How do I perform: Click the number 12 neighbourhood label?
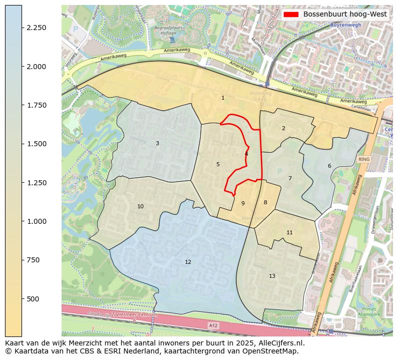(188, 262)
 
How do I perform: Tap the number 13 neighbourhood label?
(272, 276)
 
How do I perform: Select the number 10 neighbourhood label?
(140, 207)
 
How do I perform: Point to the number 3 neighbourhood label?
(157, 144)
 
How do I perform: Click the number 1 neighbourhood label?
(223, 98)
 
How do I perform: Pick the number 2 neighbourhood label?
(283, 129)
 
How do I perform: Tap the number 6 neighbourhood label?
(329, 166)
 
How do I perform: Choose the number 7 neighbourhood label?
(290, 179)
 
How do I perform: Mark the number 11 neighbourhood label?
(289, 233)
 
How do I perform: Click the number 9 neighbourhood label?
(243, 204)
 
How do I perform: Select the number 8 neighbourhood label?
(265, 203)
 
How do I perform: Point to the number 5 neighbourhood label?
(218, 165)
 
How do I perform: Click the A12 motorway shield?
(213, 326)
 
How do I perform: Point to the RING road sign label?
(364, 159)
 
